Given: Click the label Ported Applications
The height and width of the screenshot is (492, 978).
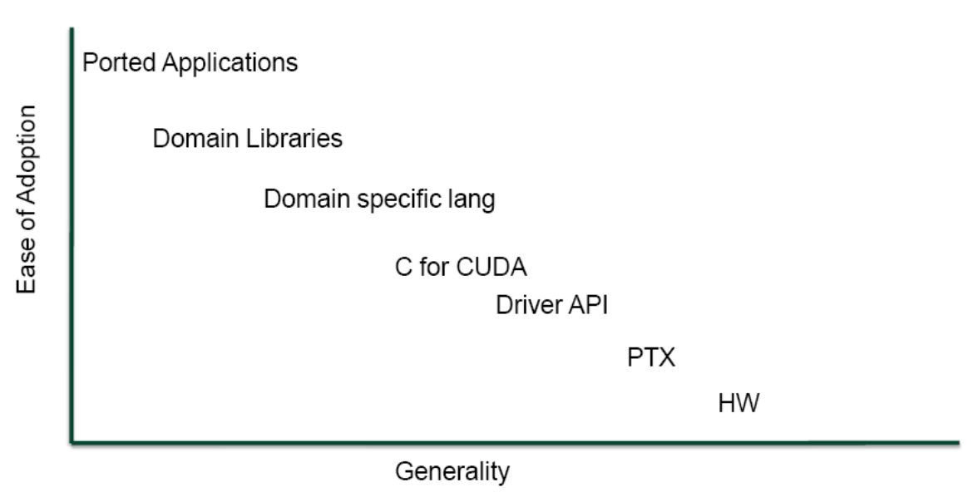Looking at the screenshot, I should [190, 63].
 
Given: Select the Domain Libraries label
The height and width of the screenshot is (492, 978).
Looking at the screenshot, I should [247, 138].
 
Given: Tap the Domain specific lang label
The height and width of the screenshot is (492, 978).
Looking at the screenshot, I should [379, 200].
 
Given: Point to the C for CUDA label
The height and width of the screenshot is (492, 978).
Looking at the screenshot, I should [461, 268].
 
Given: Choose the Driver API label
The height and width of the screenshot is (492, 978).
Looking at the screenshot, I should [552, 305].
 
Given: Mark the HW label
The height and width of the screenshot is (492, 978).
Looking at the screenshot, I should [738, 405].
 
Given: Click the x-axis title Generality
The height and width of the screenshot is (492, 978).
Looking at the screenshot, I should [452, 472].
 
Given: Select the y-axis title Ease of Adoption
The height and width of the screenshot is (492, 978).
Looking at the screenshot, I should [27, 199].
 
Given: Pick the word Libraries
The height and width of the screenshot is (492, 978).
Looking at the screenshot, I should [297, 138].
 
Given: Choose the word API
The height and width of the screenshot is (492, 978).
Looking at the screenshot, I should [590, 305].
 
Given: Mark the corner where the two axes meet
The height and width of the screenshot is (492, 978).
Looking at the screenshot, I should [73, 440].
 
